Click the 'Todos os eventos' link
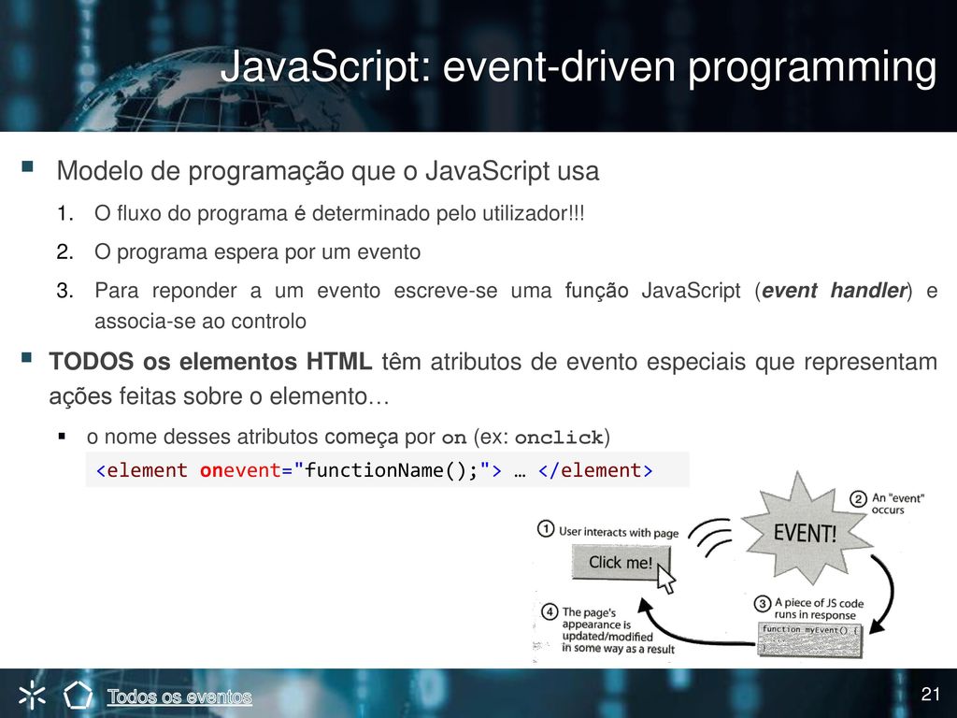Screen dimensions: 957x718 179,696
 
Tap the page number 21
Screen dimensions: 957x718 930,695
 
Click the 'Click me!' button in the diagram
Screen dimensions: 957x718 621,562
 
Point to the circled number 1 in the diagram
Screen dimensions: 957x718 546,529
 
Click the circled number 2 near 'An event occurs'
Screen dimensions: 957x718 858,499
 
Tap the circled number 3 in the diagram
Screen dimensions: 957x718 763,604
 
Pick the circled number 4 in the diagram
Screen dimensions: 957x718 550,611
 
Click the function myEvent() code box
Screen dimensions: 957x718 810,639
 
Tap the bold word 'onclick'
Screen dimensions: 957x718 559,438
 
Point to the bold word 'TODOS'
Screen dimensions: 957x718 91,362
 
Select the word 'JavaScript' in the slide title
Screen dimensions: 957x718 324,67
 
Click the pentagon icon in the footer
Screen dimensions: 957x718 79,695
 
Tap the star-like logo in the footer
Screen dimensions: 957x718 32,695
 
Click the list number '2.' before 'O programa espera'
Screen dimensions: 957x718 65,251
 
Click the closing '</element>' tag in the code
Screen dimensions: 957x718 595,470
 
